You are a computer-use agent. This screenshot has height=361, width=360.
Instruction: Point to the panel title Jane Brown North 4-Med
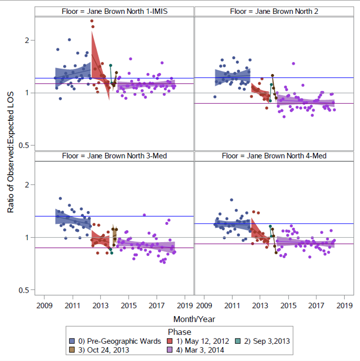click(x=274, y=156)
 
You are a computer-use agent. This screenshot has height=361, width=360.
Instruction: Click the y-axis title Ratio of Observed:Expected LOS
click(x=11, y=159)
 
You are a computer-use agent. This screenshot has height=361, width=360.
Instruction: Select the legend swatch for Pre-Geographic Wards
click(x=72, y=341)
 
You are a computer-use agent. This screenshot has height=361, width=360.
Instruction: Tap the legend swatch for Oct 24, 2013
click(x=72, y=350)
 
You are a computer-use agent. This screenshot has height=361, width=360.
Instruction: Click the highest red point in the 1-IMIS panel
click(x=92, y=21)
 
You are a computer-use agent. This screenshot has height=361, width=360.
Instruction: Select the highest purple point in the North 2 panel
click(x=294, y=64)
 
